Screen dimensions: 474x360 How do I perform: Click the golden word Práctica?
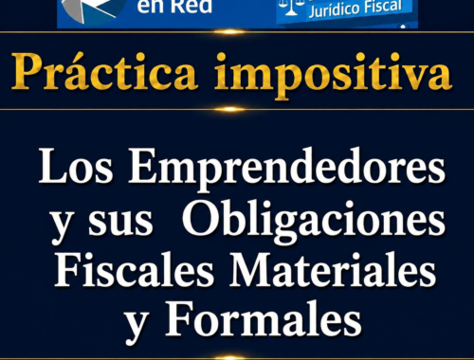104,72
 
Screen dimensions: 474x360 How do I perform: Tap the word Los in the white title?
76,166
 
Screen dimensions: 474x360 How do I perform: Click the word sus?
120,222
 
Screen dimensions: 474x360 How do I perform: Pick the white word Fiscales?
135,269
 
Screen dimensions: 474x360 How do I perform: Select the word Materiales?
333,269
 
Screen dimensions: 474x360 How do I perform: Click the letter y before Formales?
137,327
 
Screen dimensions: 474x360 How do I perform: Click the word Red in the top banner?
193,7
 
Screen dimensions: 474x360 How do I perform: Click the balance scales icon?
290,7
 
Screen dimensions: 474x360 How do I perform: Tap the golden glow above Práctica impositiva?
230,31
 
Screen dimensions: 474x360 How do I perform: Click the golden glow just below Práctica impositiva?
230,109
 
